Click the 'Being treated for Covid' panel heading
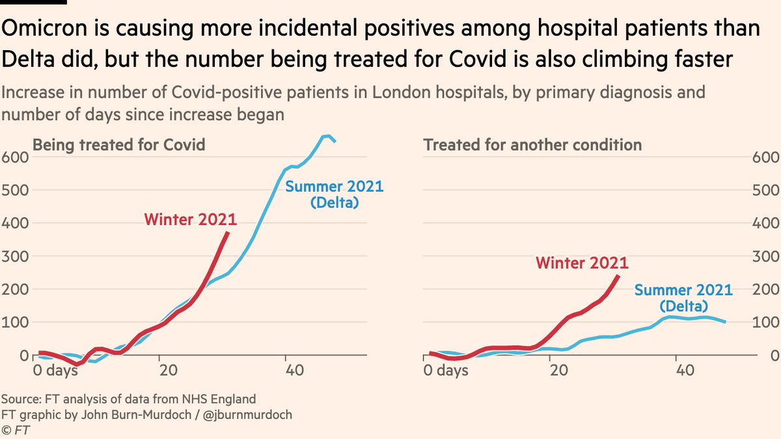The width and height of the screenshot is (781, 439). [119, 144]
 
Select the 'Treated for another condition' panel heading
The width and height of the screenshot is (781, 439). [533, 144]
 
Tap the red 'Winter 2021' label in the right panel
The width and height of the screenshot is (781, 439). [582, 263]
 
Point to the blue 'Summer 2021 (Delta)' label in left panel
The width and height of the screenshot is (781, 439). [335, 194]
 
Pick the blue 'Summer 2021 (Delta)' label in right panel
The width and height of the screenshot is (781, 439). [683, 298]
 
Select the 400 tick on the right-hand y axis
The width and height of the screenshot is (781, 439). [765, 224]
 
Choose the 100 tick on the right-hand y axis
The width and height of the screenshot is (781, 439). [765, 323]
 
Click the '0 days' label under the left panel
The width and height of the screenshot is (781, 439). [55, 371]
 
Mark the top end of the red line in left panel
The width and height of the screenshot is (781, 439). [227, 233]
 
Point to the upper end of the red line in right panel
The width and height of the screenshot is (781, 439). [618, 276]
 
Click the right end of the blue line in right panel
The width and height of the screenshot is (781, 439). [725, 321]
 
